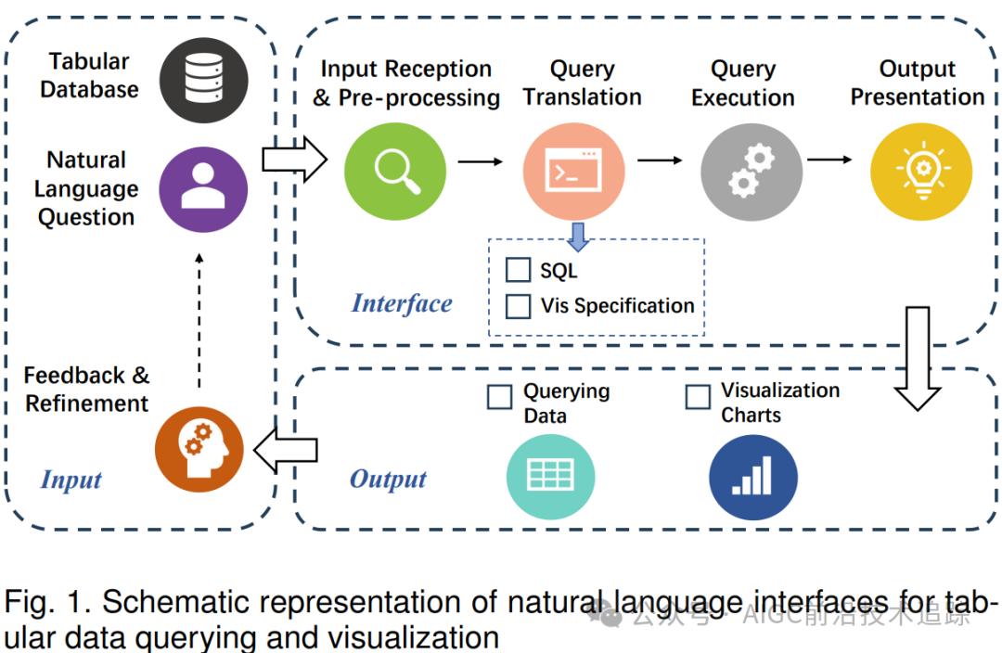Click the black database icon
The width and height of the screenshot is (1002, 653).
pos(204,80)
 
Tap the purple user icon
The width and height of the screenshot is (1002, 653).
pos(203,189)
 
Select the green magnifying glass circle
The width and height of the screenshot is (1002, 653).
pos(395,172)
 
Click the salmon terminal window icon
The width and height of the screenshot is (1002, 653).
pos(573,172)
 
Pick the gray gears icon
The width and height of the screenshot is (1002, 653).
pos(751,172)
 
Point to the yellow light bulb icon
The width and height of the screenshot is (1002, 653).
pos(921,172)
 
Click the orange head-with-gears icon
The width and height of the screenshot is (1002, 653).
pos(199,449)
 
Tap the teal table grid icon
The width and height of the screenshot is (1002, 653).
pos(551,477)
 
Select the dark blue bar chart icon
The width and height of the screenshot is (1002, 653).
pos(753,478)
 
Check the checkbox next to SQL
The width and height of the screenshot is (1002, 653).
pos(518,270)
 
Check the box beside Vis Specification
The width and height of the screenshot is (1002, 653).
pos(518,306)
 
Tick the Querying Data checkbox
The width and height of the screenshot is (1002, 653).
pos(499,397)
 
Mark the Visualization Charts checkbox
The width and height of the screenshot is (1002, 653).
pos(698,397)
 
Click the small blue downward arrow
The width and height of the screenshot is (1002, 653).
pos(578,237)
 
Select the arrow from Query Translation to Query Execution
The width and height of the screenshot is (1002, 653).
pos(661,160)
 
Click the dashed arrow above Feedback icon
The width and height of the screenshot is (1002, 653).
pos(199,320)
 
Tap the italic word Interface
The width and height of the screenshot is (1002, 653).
pos(402,303)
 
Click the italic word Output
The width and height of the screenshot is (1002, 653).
pos(388,480)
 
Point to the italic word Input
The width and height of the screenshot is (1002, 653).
pos(71,480)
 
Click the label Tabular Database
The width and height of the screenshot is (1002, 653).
pos(89,75)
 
